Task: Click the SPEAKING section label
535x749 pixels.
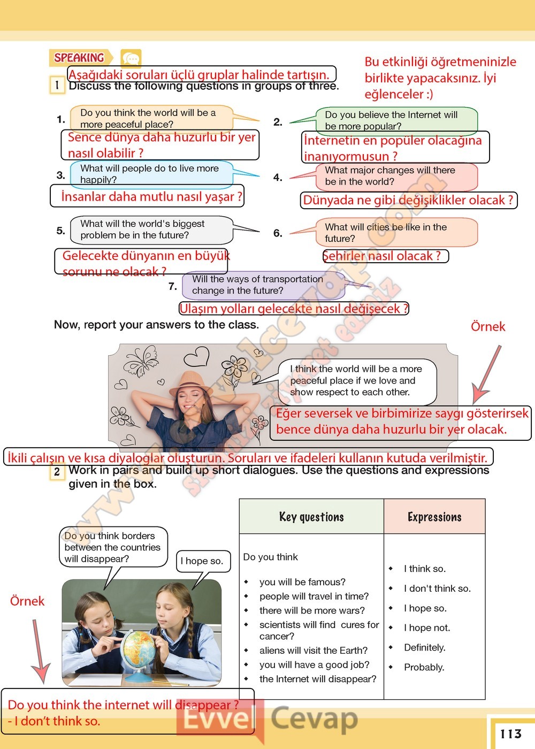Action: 80,57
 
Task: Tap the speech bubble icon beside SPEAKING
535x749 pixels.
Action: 131,58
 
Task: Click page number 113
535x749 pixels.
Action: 510,733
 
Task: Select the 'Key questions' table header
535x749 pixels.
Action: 311,517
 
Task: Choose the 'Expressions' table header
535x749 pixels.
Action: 434,517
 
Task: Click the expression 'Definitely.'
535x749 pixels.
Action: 425,647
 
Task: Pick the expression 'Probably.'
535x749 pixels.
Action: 424,667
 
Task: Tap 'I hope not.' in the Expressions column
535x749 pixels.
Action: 427,628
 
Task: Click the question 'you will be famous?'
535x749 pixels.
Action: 302,582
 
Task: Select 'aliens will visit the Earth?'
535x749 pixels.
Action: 314,650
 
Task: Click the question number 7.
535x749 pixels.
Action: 173,286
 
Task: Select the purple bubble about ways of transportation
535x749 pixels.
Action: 262,285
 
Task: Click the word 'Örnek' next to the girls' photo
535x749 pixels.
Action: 27,601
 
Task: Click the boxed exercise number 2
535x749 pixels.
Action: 57,472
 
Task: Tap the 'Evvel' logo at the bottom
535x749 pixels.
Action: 217,719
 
